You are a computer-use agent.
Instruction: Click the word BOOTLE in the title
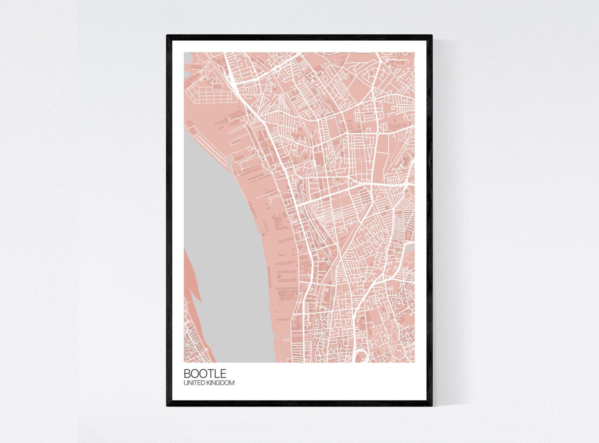click(205, 373)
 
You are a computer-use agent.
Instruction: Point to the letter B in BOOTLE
click(187, 373)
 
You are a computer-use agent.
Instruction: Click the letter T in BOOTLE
click(210, 373)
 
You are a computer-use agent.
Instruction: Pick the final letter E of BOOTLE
click(223, 373)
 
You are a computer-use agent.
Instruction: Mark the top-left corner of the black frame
click(167, 36)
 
